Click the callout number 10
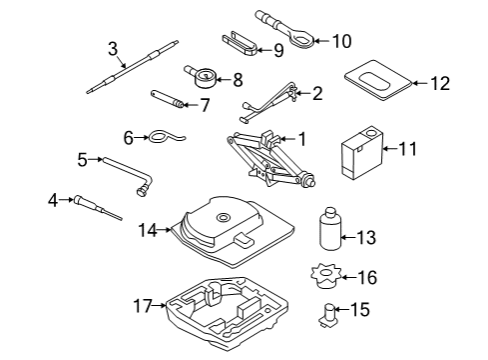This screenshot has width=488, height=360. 341,41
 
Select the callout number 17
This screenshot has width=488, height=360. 143,305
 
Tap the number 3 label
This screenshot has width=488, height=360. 113,49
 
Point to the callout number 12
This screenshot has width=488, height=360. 440,83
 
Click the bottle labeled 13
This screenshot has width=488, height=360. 330,229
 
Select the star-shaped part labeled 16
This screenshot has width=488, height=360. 326,276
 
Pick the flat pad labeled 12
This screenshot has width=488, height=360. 378,80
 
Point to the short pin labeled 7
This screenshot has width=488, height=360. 168,99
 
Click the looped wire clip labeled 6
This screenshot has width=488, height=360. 164,136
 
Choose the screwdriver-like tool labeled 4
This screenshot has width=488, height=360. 98,208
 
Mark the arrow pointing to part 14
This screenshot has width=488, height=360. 164,230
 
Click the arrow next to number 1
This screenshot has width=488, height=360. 286,139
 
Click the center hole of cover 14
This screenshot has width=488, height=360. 224,218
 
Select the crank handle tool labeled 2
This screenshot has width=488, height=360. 269,103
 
